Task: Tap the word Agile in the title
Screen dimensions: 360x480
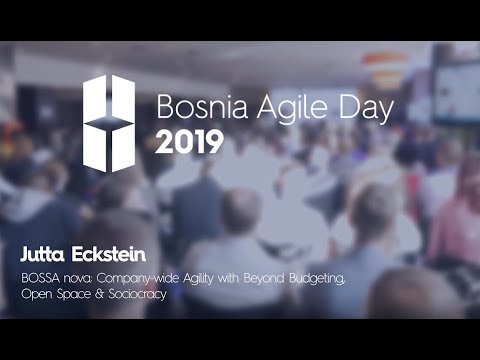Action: point(270,107)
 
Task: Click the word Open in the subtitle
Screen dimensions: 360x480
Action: point(36,296)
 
